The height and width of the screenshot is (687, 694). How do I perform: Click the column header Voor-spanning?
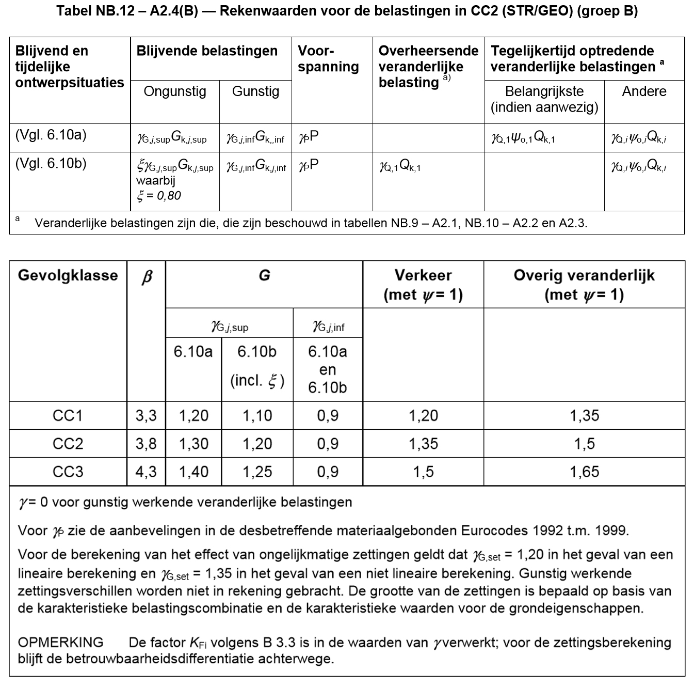(328, 58)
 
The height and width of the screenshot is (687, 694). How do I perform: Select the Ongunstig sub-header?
(175, 91)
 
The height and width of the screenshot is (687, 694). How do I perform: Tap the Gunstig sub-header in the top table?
(255, 91)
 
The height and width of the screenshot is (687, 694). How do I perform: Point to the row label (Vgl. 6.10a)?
(51, 135)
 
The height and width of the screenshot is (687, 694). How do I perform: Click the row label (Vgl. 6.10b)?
(51, 164)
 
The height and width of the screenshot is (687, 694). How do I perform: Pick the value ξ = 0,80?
(159, 196)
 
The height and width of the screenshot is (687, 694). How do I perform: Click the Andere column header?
(644, 91)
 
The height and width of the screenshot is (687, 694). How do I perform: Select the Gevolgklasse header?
(68, 275)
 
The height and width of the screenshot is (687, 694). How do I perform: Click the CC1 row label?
(68, 416)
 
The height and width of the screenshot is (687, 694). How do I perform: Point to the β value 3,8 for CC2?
(146, 444)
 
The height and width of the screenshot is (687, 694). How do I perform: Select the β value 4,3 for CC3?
(146, 472)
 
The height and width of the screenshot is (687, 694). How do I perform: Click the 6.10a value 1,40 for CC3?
(193, 472)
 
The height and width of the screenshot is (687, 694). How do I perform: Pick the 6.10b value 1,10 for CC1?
(257, 416)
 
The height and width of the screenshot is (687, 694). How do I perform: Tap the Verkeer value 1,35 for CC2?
(423, 444)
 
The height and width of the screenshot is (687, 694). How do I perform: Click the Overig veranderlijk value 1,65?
(584, 472)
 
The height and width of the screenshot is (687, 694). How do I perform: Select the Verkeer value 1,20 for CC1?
(423, 416)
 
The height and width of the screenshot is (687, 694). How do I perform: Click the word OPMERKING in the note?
(60, 643)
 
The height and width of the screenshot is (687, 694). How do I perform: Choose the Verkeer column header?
(423, 285)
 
